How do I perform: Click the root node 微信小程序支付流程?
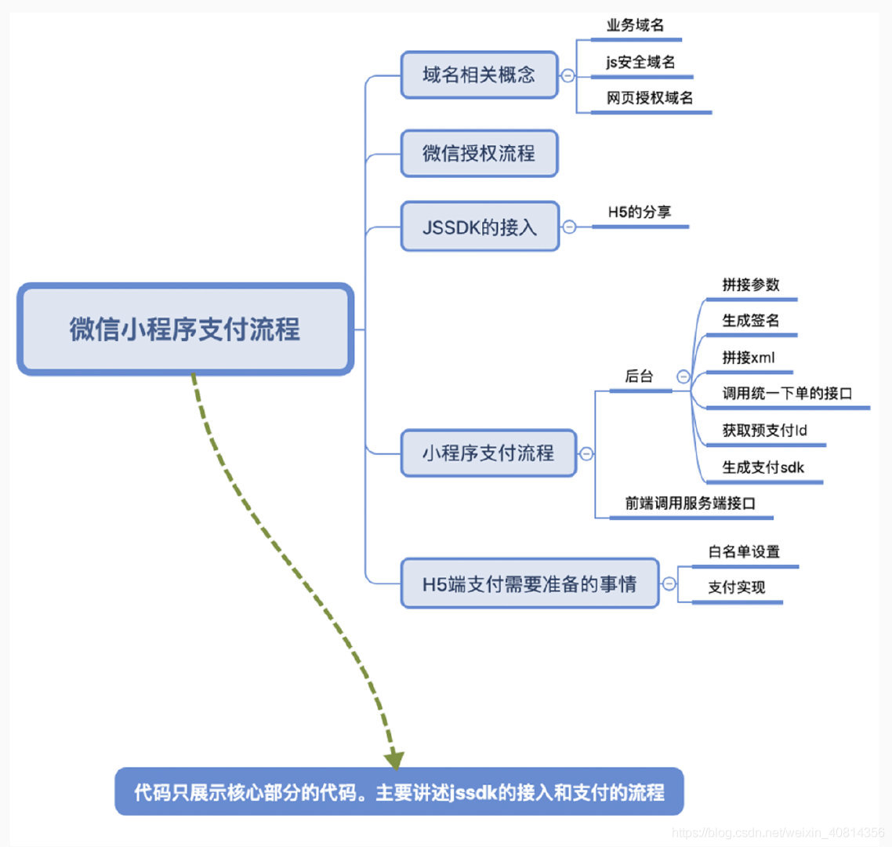185,329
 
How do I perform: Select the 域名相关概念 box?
479,75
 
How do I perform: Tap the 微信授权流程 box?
479,154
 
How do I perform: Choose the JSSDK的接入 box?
480,227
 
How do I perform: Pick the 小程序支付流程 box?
488,453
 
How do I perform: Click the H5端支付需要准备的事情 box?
529,584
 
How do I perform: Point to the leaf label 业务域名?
635,25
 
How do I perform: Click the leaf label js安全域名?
640,62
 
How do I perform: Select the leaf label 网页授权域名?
650,98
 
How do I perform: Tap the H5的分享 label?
640,212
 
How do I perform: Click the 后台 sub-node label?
639,376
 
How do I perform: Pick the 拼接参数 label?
751,285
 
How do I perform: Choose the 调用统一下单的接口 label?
787,394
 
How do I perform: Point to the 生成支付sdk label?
763,467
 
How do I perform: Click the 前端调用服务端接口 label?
690,503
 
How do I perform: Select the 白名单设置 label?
744,551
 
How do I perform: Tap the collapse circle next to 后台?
684,377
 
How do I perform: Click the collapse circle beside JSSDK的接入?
570,227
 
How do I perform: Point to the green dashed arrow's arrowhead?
394,758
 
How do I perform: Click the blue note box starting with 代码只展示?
399,792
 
